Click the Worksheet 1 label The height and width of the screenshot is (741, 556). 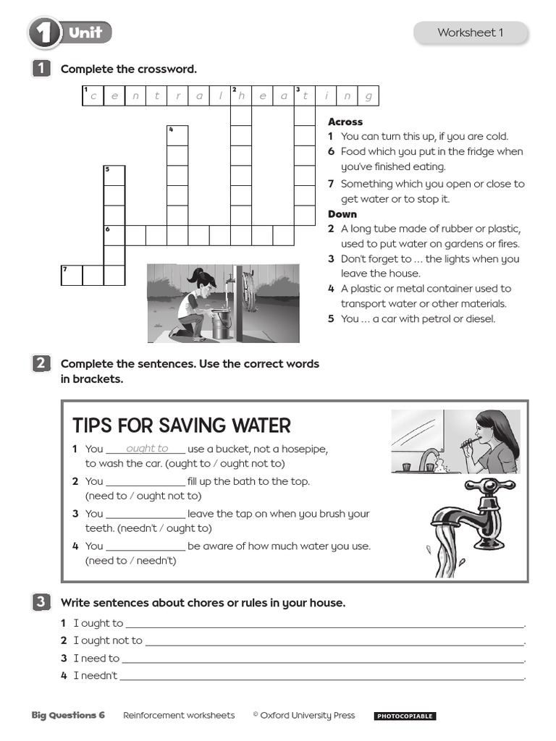click(470, 33)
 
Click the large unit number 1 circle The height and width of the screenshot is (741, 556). click(44, 33)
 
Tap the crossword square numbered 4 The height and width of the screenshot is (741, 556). click(177, 135)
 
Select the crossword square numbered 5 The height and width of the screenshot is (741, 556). click(114, 176)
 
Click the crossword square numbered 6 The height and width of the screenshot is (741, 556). click(114, 235)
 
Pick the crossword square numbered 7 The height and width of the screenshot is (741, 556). click(71, 276)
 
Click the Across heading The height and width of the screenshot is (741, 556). click(345, 122)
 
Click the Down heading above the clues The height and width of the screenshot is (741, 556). click(342, 214)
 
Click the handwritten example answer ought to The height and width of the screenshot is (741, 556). click(147, 449)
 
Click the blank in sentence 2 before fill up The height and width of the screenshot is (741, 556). click(146, 482)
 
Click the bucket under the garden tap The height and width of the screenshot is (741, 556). click(222, 324)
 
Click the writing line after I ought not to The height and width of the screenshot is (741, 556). click(334, 641)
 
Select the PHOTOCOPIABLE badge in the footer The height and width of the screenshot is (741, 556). click(405, 716)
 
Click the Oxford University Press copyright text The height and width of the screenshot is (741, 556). click(304, 716)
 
